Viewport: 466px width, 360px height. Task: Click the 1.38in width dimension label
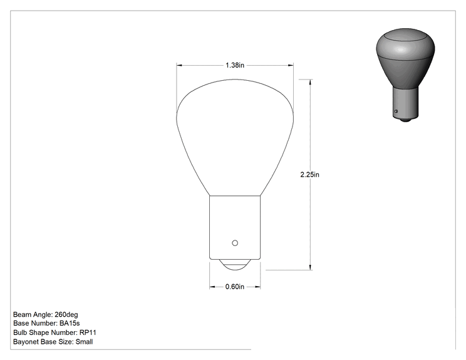tap(235, 65)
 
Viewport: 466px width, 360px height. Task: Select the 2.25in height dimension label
tap(309, 175)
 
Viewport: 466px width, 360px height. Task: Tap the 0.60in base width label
tap(235, 287)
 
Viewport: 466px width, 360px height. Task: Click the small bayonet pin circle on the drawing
tap(235, 243)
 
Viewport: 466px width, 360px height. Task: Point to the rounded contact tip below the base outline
tap(235, 265)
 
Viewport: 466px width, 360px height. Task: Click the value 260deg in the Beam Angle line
tap(66, 314)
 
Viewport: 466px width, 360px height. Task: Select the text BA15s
tap(70, 323)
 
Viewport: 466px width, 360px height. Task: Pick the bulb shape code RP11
tap(88, 332)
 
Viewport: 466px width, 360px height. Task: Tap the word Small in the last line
tap(84, 342)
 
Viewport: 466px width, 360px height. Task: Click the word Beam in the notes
tap(22, 314)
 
